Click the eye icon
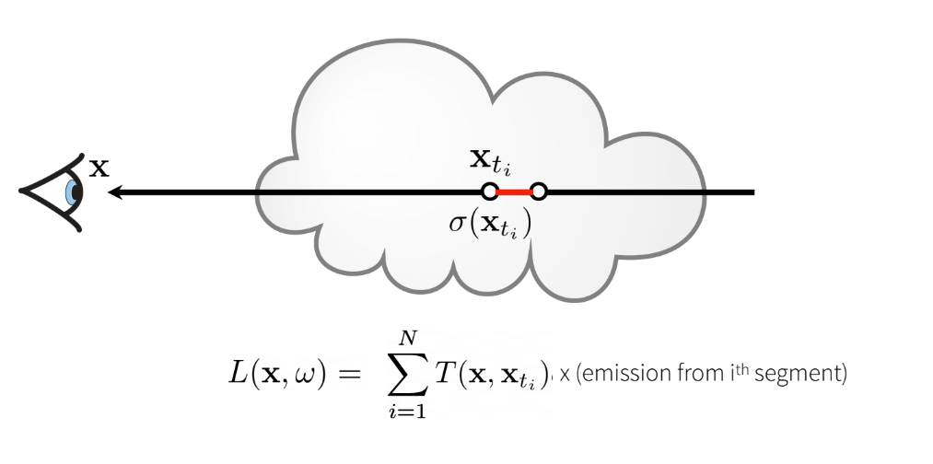tap(52, 192)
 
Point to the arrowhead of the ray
tap(115, 192)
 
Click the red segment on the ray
tap(515, 192)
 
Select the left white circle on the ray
tap(490, 192)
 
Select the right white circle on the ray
tap(540, 192)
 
